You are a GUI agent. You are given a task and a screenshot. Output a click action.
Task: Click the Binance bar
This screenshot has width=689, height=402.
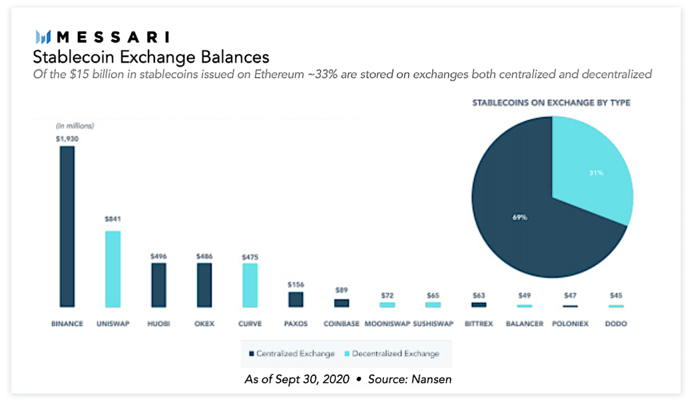[x=67, y=227]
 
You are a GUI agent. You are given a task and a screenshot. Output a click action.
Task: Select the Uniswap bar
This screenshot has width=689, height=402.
[x=113, y=269]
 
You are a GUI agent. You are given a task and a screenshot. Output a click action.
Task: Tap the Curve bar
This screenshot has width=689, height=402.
[x=250, y=285]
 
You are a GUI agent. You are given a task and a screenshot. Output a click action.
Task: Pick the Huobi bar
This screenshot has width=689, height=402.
[x=158, y=285]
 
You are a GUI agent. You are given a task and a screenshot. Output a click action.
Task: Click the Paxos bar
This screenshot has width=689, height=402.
[x=296, y=299]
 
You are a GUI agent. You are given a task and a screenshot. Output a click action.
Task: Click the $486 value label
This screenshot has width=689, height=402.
[x=204, y=257]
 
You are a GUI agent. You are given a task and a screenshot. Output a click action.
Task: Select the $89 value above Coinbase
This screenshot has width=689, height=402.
[x=342, y=290]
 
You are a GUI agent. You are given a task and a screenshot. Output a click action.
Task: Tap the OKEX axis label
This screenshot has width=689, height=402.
[x=204, y=324]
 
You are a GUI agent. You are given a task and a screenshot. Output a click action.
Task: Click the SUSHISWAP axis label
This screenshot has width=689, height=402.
[x=433, y=324]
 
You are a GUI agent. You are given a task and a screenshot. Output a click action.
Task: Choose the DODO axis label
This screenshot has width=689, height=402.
[x=616, y=324]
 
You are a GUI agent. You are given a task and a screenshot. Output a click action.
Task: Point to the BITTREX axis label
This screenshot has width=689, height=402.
[x=478, y=324]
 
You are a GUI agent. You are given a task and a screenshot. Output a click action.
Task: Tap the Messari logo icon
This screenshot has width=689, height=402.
[x=43, y=37]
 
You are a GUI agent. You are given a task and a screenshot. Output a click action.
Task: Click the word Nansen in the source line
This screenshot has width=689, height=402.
[x=431, y=379]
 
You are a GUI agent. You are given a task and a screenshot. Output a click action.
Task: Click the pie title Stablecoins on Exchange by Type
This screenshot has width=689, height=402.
[x=551, y=103]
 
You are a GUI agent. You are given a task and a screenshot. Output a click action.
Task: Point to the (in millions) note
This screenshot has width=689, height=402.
[x=75, y=126]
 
